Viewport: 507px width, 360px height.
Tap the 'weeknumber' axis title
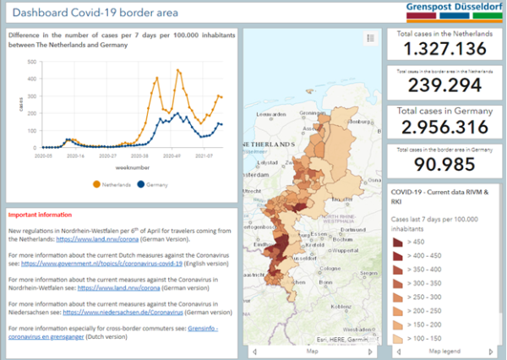point(115,167)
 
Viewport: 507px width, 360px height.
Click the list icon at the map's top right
point(370,38)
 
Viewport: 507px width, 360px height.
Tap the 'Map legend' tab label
point(444,351)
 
